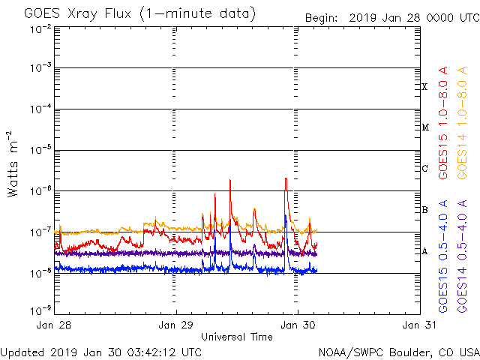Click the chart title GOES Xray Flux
139,14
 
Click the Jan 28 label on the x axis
55,325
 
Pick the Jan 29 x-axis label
176,325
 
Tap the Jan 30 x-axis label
298,325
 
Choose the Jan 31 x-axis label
418,325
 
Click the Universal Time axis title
236,337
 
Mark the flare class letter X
424,87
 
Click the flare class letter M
424,127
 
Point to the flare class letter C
424,169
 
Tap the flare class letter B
424,210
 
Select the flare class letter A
424,251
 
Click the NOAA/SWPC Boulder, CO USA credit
398,352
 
